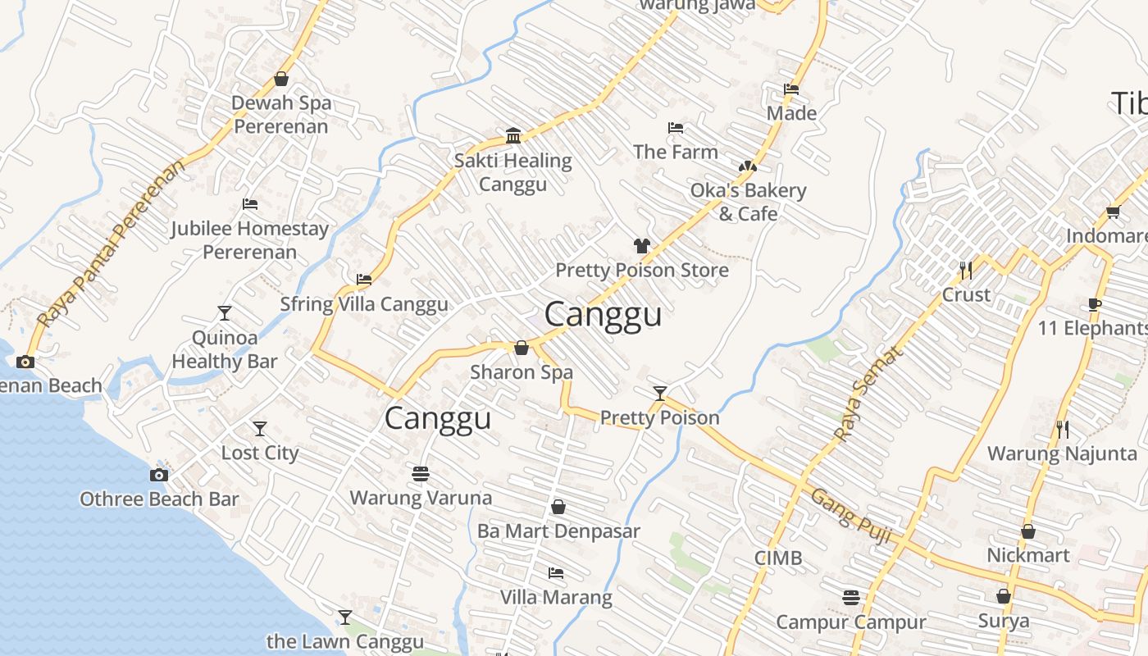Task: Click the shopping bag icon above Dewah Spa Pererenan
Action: pos(281,79)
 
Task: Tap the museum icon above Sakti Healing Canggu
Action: pos(513,135)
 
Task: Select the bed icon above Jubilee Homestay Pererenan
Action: pos(250,203)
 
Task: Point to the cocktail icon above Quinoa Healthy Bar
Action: pos(225,312)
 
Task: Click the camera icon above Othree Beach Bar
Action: pos(159,475)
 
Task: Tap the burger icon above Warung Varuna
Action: pos(421,473)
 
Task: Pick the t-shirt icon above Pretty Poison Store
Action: pos(641,245)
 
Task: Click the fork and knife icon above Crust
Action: pos(966,269)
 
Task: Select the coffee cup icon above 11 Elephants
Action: pos(1094,304)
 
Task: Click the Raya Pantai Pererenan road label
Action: pos(111,244)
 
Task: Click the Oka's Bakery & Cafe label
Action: pos(748,202)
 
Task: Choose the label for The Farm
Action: pos(675,152)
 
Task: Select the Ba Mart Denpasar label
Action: pos(558,531)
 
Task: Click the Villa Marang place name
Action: pos(556,597)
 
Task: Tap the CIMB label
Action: pos(778,558)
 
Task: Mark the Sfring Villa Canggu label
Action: pos(364,304)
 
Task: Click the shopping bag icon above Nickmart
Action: pos(1028,531)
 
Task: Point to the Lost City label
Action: pos(260,453)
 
